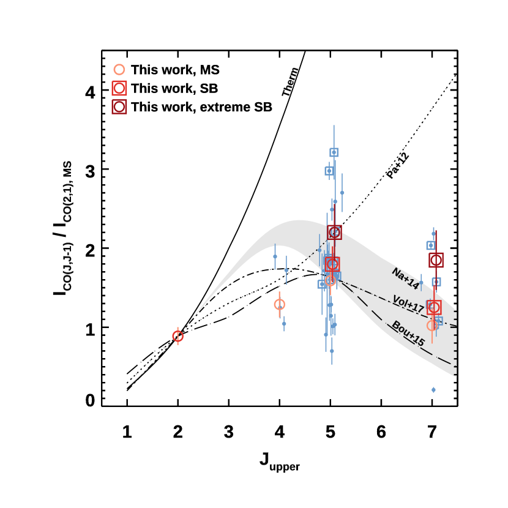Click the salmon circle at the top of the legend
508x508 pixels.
click(x=119, y=70)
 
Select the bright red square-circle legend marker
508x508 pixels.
click(x=119, y=88)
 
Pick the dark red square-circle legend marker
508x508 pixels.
click(x=119, y=107)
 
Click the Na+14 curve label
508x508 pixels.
click(x=405, y=278)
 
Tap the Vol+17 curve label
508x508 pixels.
click(x=408, y=304)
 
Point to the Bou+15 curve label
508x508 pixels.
click(x=408, y=334)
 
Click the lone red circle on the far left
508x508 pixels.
click(x=177, y=336)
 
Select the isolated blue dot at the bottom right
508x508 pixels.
click(x=433, y=389)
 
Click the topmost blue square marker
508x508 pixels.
click(x=334, y=152)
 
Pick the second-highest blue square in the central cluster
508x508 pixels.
click(x=329, y=171)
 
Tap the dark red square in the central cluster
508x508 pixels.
click(x=334, y=232)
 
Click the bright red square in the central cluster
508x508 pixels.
click(x=332, y=264)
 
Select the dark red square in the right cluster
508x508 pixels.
click(x=436, y=260)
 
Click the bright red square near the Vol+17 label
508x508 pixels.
click(x=434, y=307)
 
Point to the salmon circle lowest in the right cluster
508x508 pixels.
click(x=432, y=325)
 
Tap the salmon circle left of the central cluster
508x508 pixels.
click(x=280, y=304)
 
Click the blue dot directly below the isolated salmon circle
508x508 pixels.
click(x=284, y=323)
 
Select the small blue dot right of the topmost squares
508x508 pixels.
click(x=342, y=193)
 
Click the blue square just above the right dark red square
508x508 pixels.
click(x=430, y=245)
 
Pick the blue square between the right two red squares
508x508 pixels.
click(x=436, y=282)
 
